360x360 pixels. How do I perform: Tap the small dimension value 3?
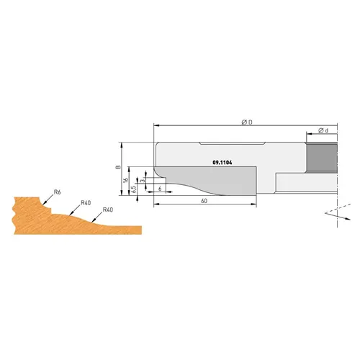[143, 181]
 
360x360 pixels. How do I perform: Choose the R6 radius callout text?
[57, 192]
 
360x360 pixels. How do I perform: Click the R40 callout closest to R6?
[85, 202]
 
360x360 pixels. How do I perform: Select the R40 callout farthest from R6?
[108, 210]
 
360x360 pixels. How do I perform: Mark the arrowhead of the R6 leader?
[47, 202]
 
